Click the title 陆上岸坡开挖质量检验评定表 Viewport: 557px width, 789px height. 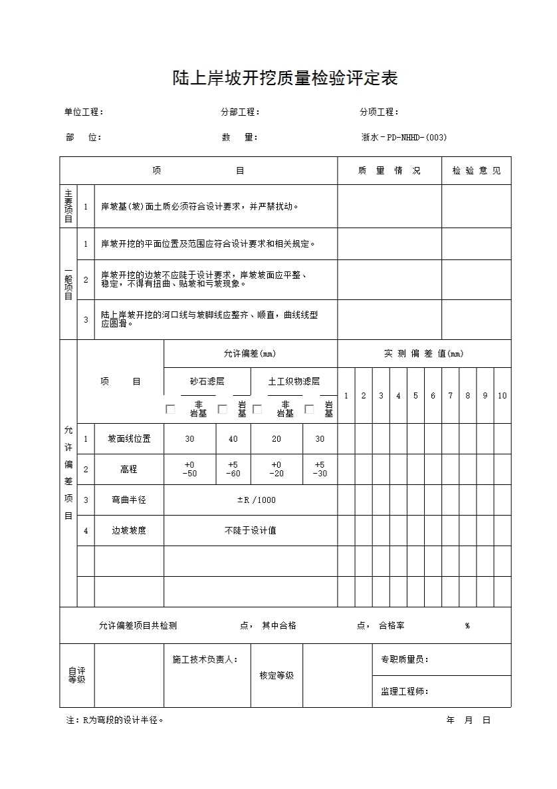(284, 79)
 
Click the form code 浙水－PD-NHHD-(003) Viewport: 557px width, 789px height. (403, 138)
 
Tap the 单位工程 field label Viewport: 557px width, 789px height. (84, 112)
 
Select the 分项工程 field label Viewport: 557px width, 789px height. (379, 112)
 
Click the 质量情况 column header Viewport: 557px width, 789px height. (389, 171)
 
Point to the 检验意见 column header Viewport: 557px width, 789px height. (477, 171)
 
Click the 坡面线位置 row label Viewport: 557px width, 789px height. (129, 439)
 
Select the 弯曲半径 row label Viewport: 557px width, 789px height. (129, 500)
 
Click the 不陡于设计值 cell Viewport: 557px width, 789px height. (251, 530)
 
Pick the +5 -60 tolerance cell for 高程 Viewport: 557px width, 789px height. (233, 469)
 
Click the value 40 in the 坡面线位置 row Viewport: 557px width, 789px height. (233, 439)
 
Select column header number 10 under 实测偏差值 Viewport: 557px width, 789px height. (502, 396)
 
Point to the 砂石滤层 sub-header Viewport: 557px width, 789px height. (207, 381)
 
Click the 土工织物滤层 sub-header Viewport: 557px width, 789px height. (294, 381)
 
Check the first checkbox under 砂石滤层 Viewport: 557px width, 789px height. (170, 409)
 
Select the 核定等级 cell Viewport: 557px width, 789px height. (277, 675)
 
